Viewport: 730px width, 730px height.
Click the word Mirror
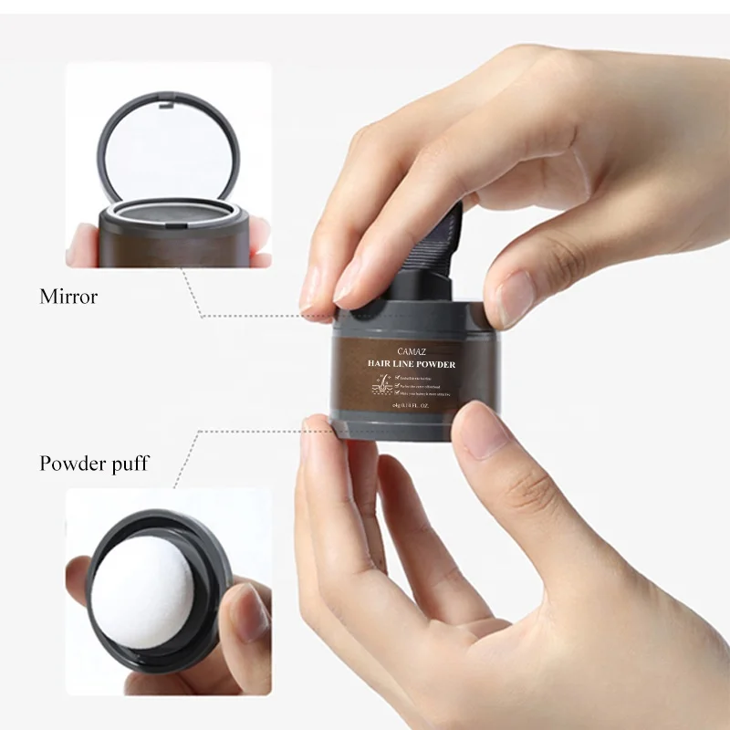pyautogui.click(x=68, y=297)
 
